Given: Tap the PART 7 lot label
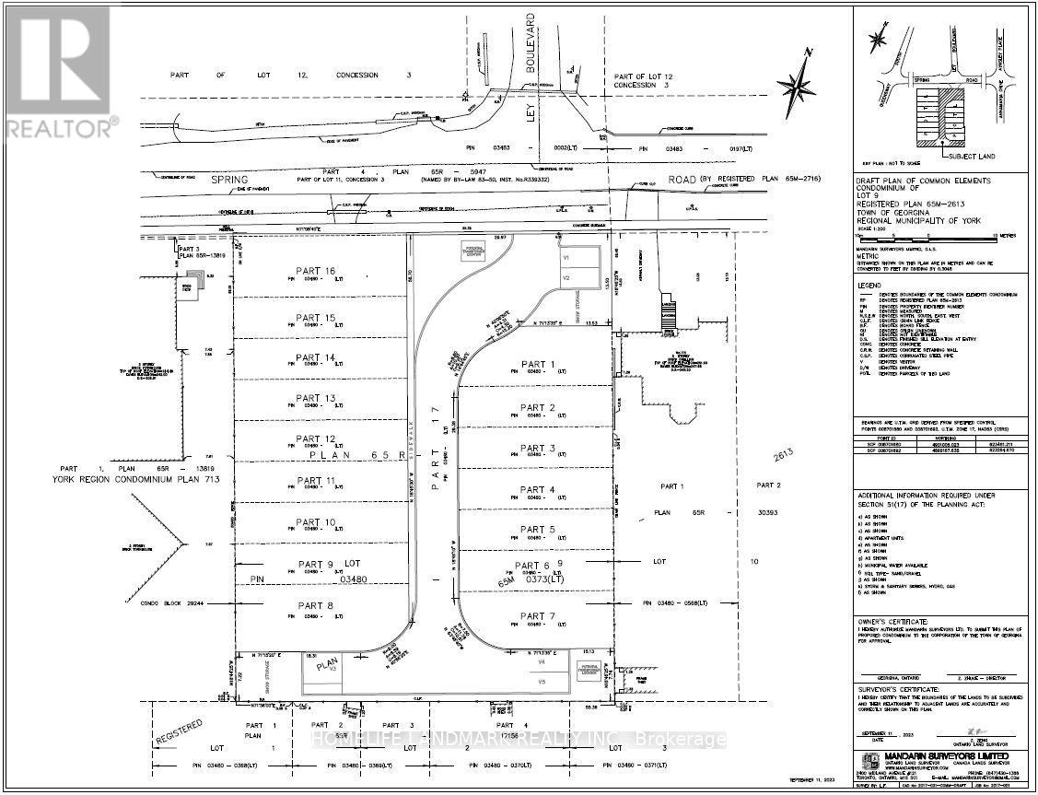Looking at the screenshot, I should coord(538,616).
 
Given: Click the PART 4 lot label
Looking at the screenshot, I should coord(538,489).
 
